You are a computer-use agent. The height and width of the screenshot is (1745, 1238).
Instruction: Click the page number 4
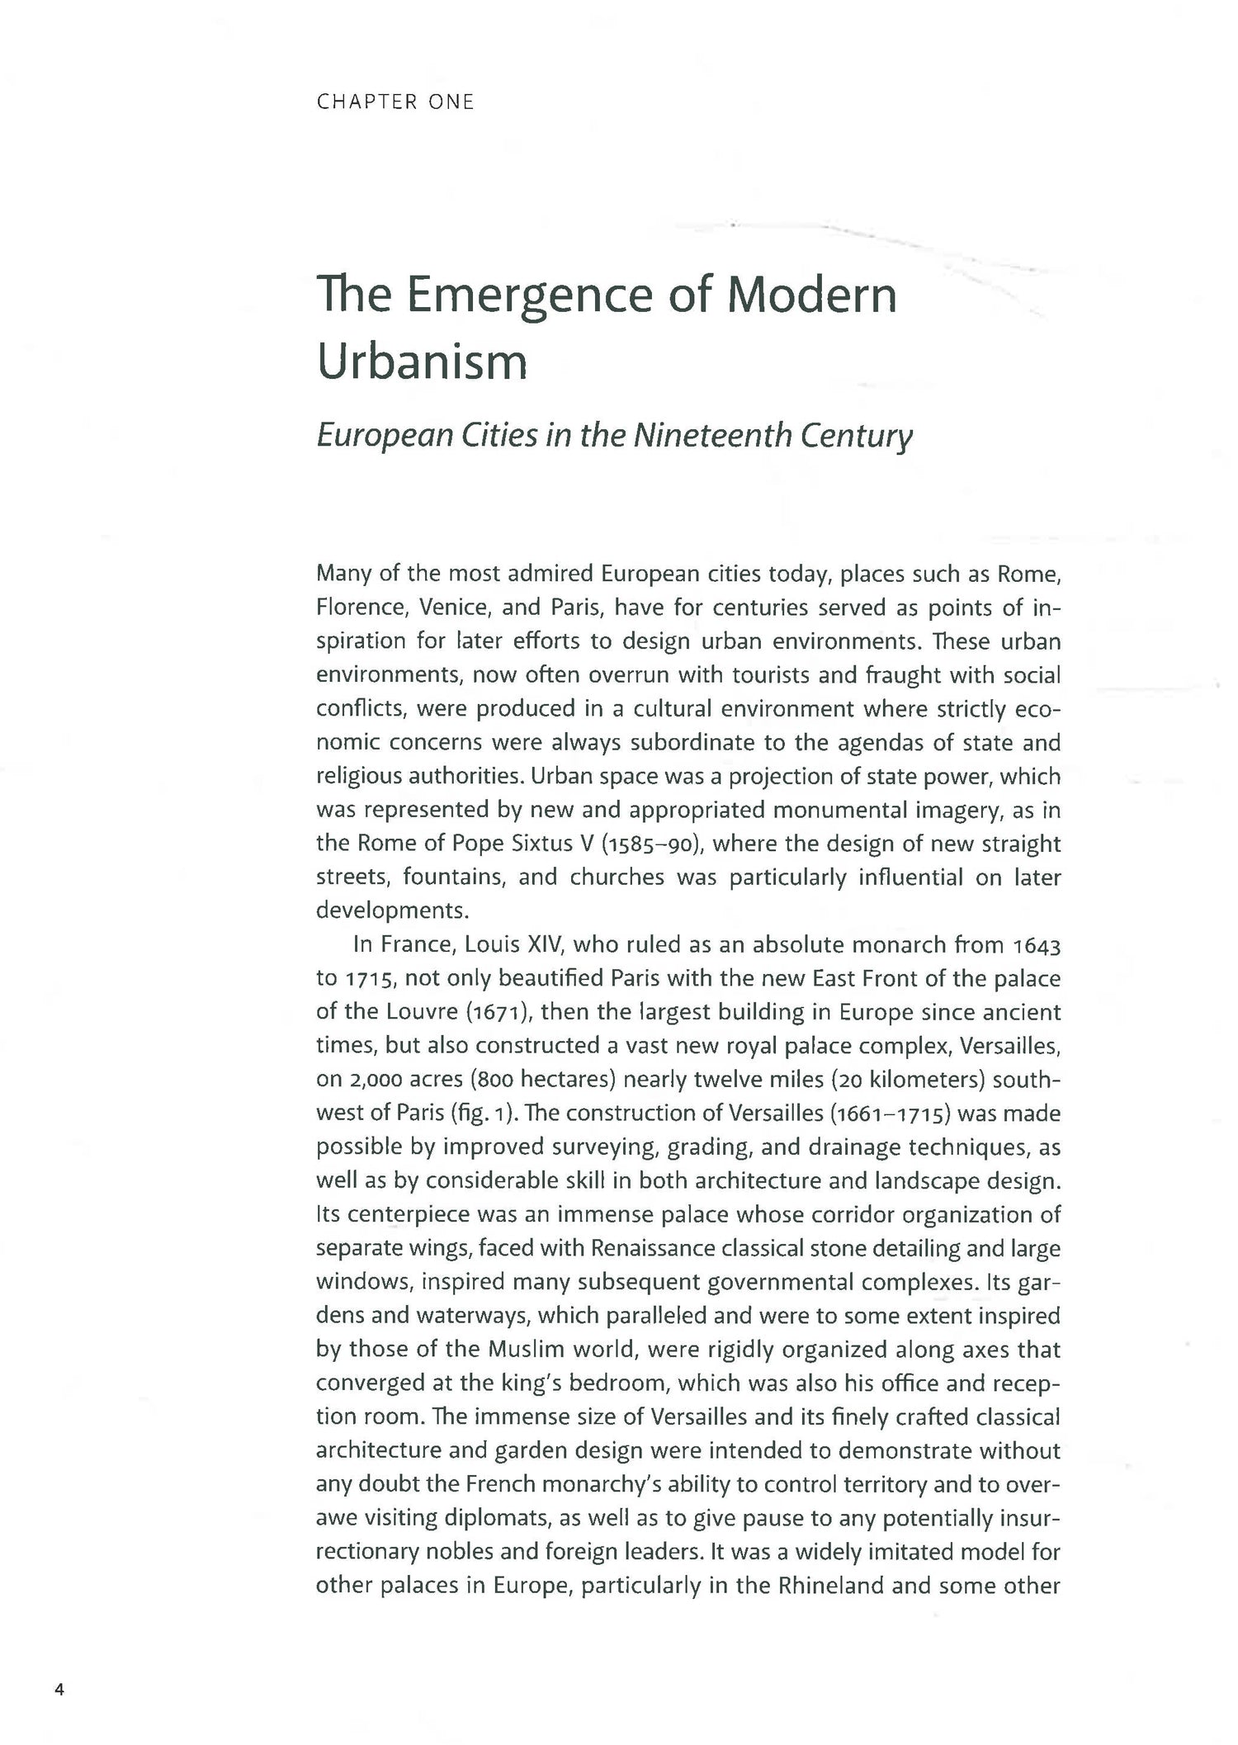tap(59, 1689)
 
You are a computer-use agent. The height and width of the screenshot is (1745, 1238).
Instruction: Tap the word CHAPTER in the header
tap(366, 102)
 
